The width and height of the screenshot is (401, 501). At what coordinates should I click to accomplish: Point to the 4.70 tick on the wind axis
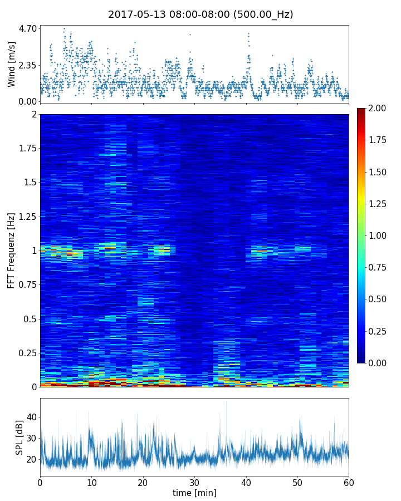(28, 28)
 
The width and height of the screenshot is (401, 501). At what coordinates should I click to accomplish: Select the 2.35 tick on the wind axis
(28, 65)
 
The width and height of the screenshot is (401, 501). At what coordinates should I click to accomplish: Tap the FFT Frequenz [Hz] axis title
(12, 250)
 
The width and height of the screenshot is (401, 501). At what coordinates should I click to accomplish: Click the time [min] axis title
(194, 493)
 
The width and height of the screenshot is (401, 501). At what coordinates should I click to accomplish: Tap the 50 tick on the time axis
(297, 482)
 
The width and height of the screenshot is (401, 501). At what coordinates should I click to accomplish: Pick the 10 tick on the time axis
(91, 482)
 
